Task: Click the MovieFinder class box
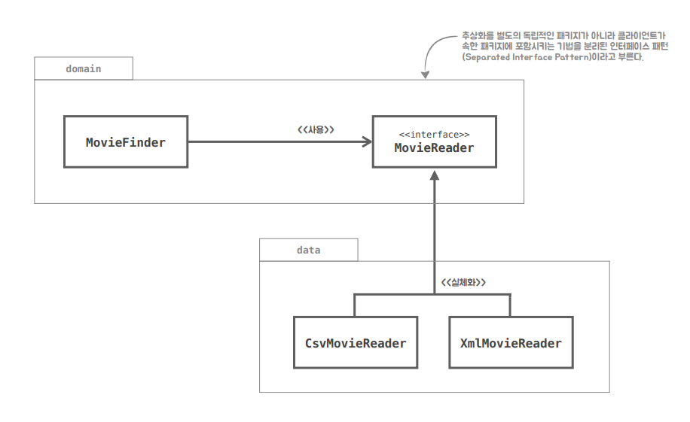coord(126,141)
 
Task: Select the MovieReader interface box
coord(435,141)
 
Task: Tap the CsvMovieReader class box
coord(356,342)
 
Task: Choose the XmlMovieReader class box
coord(511,342)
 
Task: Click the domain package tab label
coord(84,68)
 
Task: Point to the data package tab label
coord(309,250)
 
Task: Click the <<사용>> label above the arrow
coord(316,129)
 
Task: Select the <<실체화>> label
coord(463,282)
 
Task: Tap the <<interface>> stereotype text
coord(435,135)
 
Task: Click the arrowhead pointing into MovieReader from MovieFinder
coord(368,141)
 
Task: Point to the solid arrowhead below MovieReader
coord(435,175)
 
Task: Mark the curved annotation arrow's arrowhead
coord(425,74)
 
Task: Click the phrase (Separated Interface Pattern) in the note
coord(527,57)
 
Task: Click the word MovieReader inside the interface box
coord(435,148)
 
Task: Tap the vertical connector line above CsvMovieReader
coord(355,305)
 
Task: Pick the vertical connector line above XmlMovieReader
coord(510,305)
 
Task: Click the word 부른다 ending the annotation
coord(630,57)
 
